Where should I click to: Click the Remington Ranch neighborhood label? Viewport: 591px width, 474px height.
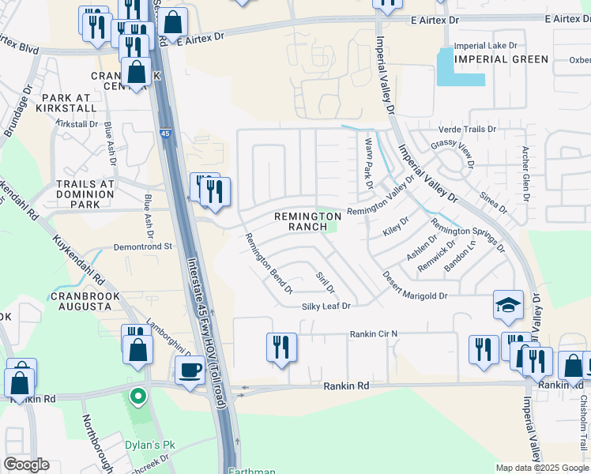coord(307,221)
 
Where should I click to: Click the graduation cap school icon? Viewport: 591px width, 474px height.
coord(507,305)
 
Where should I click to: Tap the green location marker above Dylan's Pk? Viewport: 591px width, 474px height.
coord(138,395)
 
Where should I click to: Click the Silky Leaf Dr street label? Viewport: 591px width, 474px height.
coord(325,306)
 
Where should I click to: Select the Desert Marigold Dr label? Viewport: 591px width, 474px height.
coord(416,287)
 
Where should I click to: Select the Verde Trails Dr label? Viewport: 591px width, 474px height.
coord(467,129)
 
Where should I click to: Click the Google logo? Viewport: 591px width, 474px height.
coord(26,465)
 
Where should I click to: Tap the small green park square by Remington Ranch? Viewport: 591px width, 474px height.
coord(333,226)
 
